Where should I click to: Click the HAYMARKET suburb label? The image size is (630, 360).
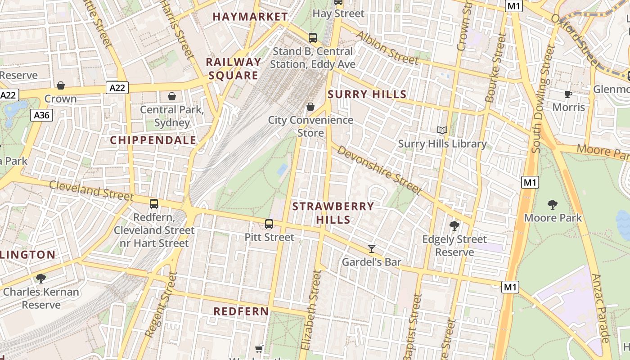[x=250, y=17]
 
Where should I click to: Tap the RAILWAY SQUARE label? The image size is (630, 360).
[x=233, y=68]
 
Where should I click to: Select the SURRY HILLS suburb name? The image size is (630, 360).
[x=367, y=94]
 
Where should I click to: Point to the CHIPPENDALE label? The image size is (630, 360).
[x=153, y=140]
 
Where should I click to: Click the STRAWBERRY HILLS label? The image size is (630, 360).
[x=333, y=213]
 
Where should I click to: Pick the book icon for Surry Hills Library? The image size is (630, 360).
[x=442, y=130]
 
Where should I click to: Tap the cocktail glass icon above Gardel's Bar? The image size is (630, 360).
[x=372, y=248]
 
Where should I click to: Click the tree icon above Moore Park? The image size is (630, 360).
[x=553, y=205]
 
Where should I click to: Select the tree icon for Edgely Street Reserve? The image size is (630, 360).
[x=454, y=226]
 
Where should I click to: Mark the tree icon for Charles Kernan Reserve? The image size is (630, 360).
[x=41, y=279]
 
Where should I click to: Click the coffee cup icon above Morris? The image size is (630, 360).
[x=568, y=94]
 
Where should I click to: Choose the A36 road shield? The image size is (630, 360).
[x=42, y=116]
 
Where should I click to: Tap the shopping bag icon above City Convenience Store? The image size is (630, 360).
[x=310, y=107]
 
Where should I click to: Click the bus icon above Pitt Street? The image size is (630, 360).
[x=269, y=224]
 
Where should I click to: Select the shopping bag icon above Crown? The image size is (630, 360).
[x=61, y=85]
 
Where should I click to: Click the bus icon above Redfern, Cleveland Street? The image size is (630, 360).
[x=154, y=204]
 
